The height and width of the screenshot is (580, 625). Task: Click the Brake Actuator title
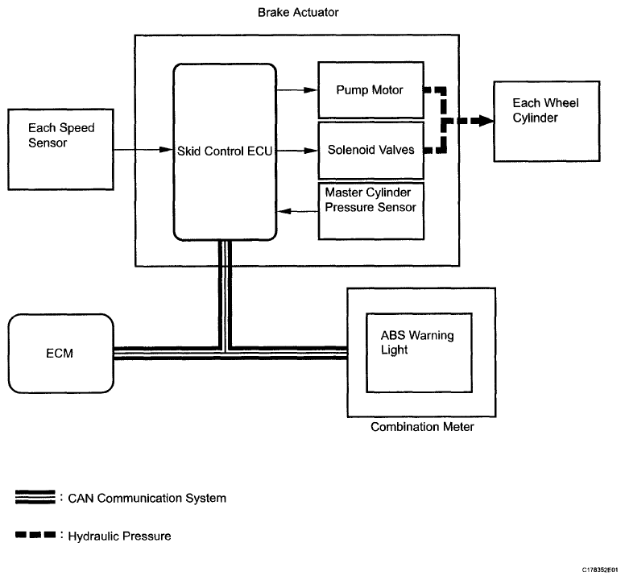click(x=298, y=12)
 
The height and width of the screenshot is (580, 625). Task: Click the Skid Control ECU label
click(x=225, y=151)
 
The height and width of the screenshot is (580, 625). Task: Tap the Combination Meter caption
click(x=422, y=427)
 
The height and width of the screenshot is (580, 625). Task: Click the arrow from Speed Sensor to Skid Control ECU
click(x=143, y=150)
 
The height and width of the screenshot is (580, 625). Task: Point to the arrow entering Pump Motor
click(x=297, y=90)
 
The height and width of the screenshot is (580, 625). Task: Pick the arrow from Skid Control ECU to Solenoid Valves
click(x=297, y=151)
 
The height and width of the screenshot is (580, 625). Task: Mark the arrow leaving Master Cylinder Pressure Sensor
click(x=297, y=211)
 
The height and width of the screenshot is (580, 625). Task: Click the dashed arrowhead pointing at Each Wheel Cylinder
click(x=486, y=121)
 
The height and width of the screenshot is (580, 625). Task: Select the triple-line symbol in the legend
click(x=35, y=497)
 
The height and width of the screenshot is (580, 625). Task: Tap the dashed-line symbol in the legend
click(x=35, y=535)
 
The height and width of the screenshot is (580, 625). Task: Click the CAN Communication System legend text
click(x=147, y=499)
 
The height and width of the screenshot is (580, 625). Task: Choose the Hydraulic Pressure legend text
click(x=119, y=536)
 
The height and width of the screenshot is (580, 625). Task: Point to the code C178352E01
click(x=600, y=570)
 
